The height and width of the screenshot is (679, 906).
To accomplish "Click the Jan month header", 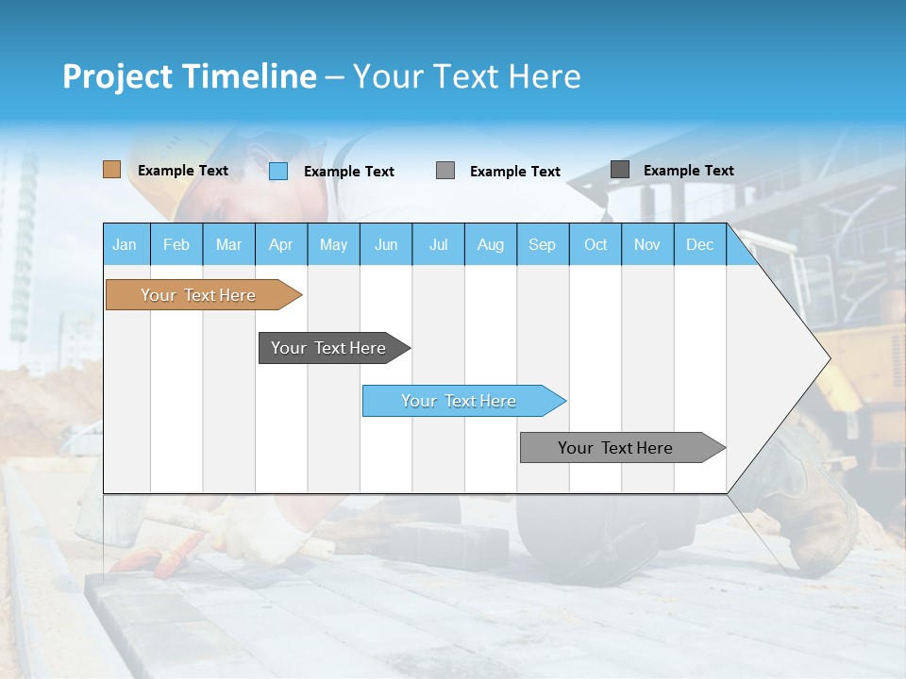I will click(x=126, y=244).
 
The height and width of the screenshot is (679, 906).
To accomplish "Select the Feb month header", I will click(x=176, y=244).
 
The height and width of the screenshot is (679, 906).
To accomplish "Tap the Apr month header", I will click(x=281, y=244).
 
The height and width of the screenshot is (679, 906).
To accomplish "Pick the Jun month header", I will click(x=386, y=244).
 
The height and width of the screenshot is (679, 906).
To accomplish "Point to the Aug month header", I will click(x=491, y=244).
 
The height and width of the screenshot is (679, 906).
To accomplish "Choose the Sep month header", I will click(x=543, y=244).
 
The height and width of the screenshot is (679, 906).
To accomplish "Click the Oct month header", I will click(x=596, y=244).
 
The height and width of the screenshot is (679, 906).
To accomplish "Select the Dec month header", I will click(x=700, y=244).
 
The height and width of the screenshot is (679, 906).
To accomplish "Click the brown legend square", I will click(x=112, y=170).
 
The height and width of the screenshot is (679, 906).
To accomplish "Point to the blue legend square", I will click(x=278, y=171).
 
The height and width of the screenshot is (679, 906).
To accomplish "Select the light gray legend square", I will click(x=445, y=170).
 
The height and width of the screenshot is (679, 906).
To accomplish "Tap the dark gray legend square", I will click(x=620, y=170).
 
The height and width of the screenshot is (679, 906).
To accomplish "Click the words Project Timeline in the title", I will click(x=190, y=76).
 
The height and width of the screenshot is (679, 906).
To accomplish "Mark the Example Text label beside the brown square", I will click(x=183, y=171).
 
